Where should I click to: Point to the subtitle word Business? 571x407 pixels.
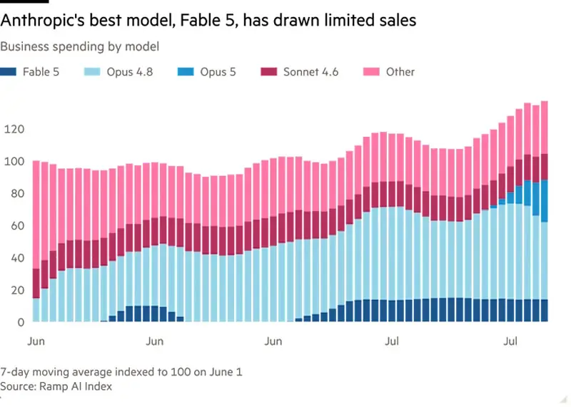(x=25, y=46)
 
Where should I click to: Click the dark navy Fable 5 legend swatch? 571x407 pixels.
(x=8, y=72)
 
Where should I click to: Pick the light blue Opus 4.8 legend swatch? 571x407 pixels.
(x=92, y=72)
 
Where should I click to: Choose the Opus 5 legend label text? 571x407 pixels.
(x=218, y=72)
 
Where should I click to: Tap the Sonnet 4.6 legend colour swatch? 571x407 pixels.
(x=269, y=72)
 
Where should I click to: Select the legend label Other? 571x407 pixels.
(x=400, y=72)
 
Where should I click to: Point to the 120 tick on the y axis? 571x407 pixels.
(x=14, y=129)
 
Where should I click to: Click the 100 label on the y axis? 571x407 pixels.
(x=14, y=162)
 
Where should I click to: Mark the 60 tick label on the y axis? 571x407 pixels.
(x=17, y=226)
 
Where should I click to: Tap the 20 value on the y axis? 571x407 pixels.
(x=17, y=290)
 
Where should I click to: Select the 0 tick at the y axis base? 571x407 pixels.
(x=21, y=322)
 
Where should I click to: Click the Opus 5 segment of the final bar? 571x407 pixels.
(x=544, y=201)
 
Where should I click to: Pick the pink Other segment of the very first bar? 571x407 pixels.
(x=36, y=215)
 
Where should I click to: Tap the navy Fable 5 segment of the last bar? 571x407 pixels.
(x=544, y=311)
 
